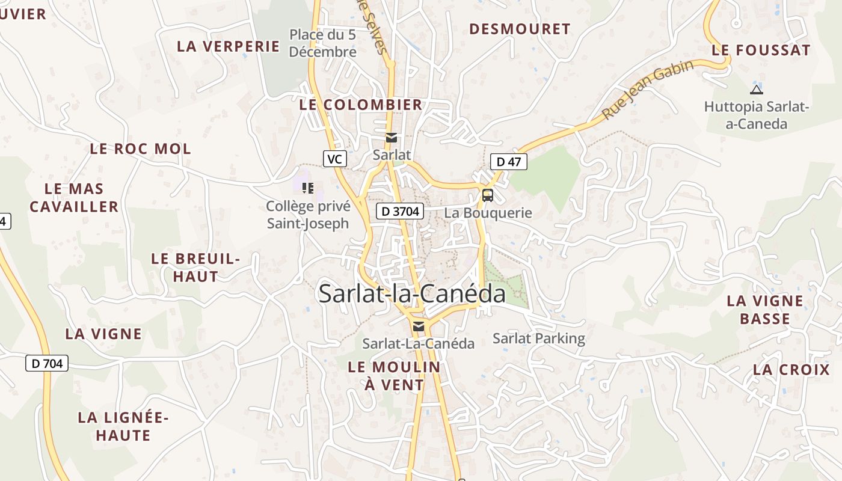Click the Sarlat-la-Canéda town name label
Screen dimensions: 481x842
412,293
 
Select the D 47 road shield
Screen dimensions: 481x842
509,161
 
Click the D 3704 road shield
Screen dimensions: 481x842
401,211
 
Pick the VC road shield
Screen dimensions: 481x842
335,159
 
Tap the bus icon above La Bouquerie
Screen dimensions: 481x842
487,195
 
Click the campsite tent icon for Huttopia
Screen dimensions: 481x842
756,90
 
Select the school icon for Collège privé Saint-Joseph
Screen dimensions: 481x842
308,188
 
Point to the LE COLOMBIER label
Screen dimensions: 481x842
361,105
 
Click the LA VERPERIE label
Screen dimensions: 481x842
229,46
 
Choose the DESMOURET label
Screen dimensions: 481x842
520,29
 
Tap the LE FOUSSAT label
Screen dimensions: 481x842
761,51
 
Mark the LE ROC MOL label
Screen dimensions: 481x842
140,149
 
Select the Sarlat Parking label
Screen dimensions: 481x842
539,338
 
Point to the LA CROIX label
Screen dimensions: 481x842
791,370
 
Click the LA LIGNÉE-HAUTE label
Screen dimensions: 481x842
123,426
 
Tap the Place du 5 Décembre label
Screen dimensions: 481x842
323,43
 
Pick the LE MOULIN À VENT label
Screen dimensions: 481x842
394,375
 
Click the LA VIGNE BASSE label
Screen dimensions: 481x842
765,310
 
